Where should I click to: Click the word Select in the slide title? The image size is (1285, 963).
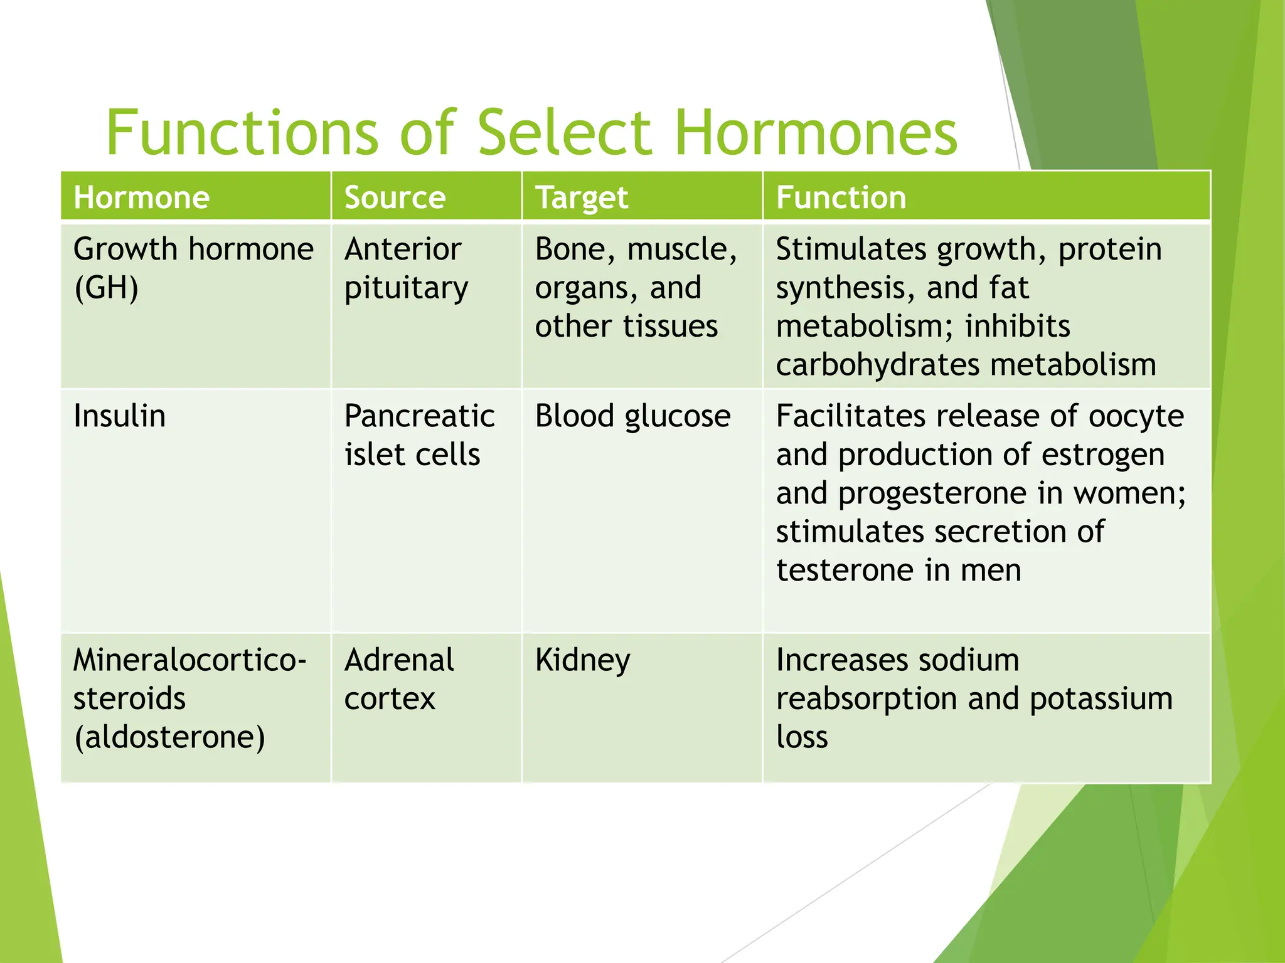click(x=564, y=133)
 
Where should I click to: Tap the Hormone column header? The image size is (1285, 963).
click(x=141, y=197)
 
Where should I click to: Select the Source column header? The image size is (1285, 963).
click(x=395, y=197)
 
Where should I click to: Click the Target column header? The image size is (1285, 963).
click(x=581, y=198)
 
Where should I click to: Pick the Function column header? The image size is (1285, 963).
click(x=841, y=197)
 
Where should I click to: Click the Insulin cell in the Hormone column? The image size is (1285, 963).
click(x=119, y=416)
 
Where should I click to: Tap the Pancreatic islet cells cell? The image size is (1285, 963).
click(x=419, y=435)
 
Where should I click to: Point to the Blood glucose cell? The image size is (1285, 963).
click(x=632, y=416)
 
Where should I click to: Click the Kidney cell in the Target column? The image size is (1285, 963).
click(x=582, y=661)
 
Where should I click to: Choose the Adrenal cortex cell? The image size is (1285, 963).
click(x=398, y=679)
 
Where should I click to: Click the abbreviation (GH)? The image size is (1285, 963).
click(x=106, y=288)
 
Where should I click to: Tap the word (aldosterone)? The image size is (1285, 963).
click(x=169, y=737)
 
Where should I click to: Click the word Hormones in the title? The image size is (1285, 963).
click(x=816, y=133)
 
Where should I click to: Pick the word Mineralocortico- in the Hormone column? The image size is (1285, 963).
click(x=189, y=660)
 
